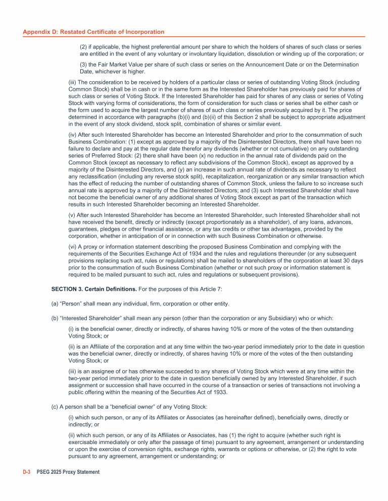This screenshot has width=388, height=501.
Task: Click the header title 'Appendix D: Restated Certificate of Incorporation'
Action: pyautogui.click(x=93, y=32)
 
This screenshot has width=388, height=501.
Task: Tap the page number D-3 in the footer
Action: pyautogui.click(x=27, y=472)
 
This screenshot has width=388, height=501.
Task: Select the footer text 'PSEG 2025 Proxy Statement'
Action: pyautogui.click(x=68, y=472)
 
